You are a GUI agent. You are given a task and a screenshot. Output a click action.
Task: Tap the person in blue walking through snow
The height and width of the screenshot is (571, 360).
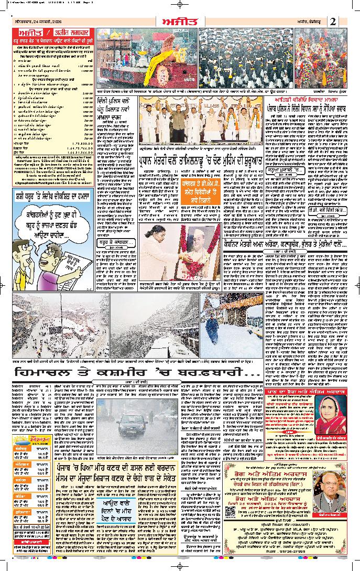[x=212, y=331]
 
